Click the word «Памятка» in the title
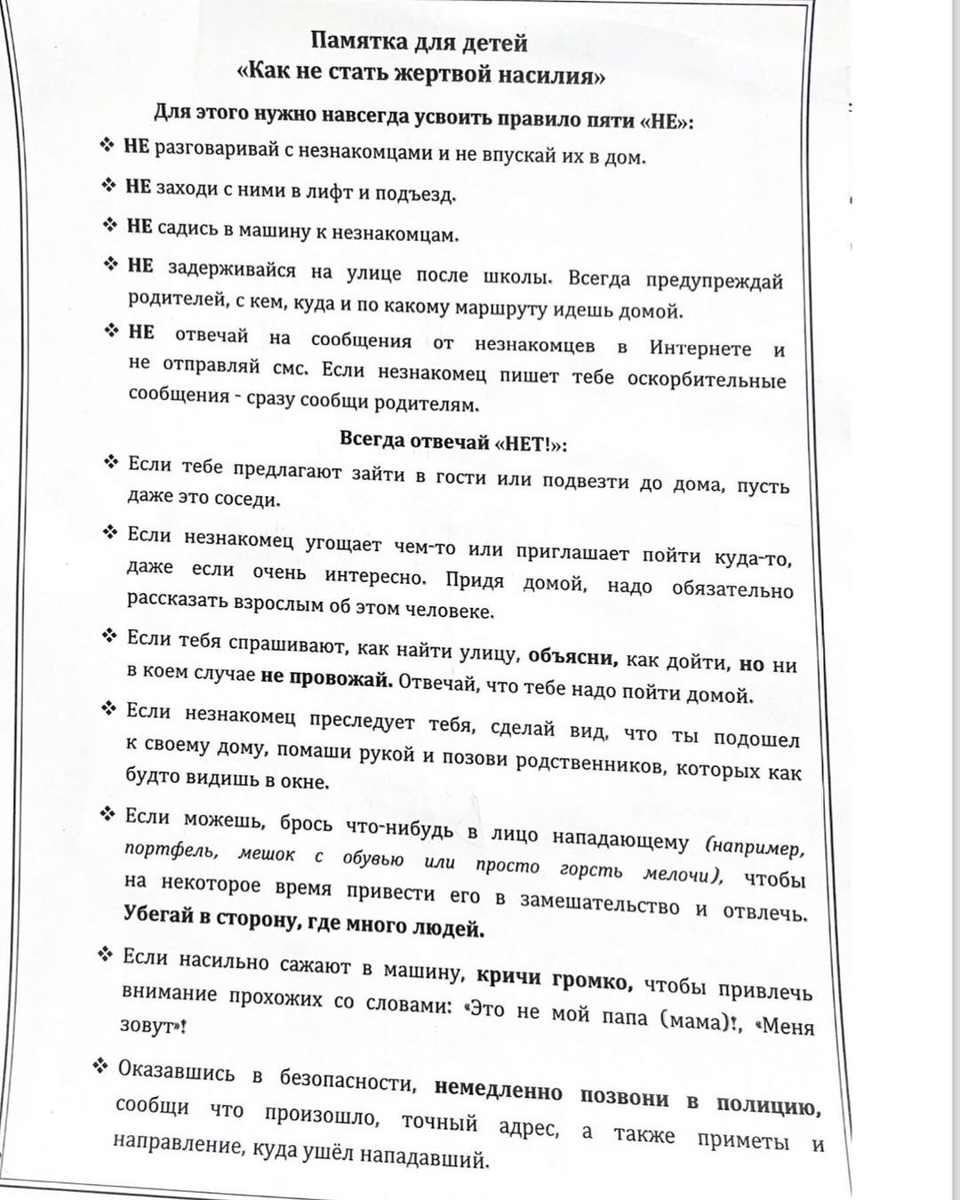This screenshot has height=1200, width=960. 356,42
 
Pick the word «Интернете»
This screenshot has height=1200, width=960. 700,348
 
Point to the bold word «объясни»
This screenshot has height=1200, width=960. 572,657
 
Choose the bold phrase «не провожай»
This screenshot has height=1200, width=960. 326,677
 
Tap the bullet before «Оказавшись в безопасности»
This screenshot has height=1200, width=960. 100,1066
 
